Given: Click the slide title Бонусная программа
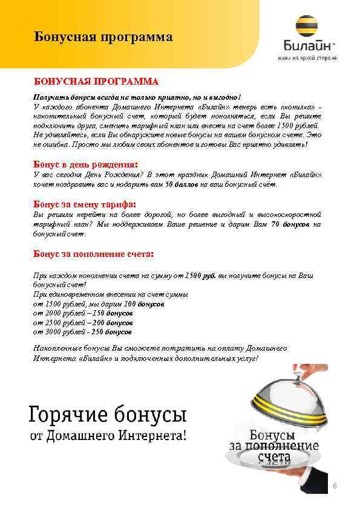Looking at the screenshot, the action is [103, 37].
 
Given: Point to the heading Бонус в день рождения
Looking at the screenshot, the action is [85, 164].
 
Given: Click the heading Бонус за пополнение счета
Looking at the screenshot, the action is [93, 253].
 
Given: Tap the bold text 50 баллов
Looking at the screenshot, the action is [180, 184].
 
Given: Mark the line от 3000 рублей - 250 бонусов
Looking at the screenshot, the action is [82, 332].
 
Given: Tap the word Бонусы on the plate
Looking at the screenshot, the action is [272, 435].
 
